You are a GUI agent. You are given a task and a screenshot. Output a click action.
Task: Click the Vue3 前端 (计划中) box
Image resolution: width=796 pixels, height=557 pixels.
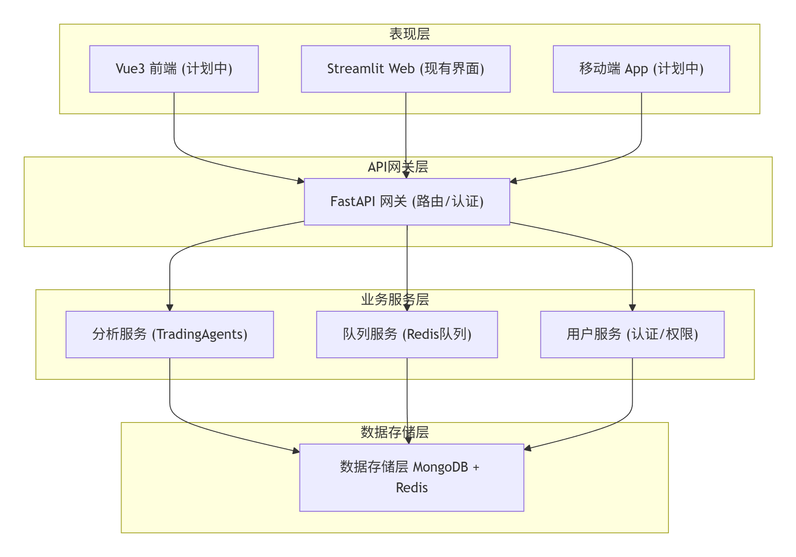click(x=174, y=69)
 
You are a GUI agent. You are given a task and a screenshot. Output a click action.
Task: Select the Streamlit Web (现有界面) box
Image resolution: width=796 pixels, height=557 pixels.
click(x=406, y=69)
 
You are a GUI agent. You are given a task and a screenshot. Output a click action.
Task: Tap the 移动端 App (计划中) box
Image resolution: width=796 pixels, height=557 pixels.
click(x=641, y=69)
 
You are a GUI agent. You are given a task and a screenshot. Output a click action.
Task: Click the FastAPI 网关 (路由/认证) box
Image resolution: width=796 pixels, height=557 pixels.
click(x=407, y=202)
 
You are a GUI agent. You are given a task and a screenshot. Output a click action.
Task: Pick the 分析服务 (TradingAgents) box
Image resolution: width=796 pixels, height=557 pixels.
click(x=169, y=335)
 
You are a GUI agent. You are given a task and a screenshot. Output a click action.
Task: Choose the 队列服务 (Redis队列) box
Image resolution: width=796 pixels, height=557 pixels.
click(x=407, y=335)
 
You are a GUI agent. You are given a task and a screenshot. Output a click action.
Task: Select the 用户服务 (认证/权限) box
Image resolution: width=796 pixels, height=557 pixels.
click(x=632, y=335)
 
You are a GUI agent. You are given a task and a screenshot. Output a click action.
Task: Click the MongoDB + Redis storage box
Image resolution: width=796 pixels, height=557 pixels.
click(x=412, y=478)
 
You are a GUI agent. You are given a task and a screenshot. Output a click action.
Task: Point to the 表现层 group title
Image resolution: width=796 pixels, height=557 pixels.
click(x=409, y=34)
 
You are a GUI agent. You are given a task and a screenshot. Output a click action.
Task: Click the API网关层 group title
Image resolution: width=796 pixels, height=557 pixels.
click(x=397, y=167)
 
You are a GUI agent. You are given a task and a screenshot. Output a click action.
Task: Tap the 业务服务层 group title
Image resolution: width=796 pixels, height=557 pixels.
click(x=395, y=300)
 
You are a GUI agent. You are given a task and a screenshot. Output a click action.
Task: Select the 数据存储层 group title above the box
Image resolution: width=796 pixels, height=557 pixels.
click(x=394, y=432)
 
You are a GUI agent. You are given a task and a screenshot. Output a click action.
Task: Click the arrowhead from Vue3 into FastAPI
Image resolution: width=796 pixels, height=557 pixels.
click(x=301, y=181)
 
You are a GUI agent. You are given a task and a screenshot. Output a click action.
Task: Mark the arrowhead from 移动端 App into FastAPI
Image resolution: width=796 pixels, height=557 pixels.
click(x=514, y=181)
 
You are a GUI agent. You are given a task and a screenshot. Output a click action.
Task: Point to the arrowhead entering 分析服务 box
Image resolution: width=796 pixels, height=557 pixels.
click(x=170, y=307)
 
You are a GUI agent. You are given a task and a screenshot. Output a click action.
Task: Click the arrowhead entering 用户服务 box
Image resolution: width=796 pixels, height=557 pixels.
click(x=632, y=307)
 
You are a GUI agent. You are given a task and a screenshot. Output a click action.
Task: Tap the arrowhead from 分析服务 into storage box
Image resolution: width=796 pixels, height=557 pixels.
click(x=296, y=451)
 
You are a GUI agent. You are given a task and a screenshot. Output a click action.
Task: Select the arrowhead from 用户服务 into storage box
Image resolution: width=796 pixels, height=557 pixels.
click(x=528, y=448)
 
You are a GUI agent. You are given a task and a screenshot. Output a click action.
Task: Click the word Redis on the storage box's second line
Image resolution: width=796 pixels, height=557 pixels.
click(x=412, y=488)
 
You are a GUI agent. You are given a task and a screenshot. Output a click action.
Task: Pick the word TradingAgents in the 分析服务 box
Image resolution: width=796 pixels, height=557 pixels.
click(x=200, y=335)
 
